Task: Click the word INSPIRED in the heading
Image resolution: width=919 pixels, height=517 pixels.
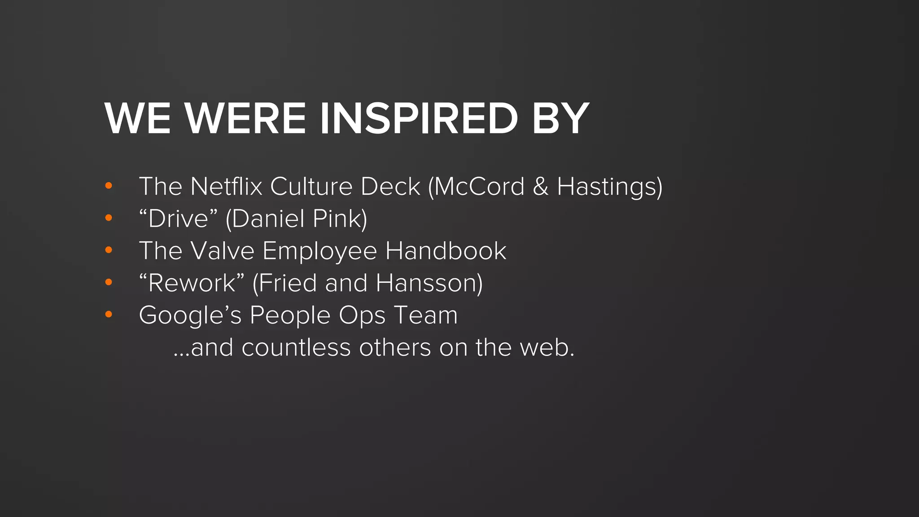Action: click(418, 118)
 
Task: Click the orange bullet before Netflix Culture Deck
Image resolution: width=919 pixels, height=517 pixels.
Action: click(109, 186)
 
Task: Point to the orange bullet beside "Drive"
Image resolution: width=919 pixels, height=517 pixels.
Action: click(109, 218)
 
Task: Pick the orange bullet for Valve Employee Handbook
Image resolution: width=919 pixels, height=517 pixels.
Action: click(109, 250)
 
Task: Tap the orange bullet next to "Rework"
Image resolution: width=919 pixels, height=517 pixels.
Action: click(109, 282)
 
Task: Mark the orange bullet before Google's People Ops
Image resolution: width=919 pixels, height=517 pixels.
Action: click(109, 315)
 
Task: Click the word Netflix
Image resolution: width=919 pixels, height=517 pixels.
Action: click(226, 186)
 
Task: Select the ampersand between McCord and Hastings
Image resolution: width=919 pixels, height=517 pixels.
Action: click(540, 187)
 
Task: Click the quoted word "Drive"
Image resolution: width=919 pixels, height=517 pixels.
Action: click(178, 219)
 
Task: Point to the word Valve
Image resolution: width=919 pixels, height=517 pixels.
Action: click(222, 250)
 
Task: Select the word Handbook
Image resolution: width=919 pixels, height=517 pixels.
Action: click(446, 250)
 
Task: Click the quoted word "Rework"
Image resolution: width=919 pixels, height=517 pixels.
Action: click(192, 283)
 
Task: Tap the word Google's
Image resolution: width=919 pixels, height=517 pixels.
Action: click(190, 315)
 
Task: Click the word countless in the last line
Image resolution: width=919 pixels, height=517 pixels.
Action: click(296, 348)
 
